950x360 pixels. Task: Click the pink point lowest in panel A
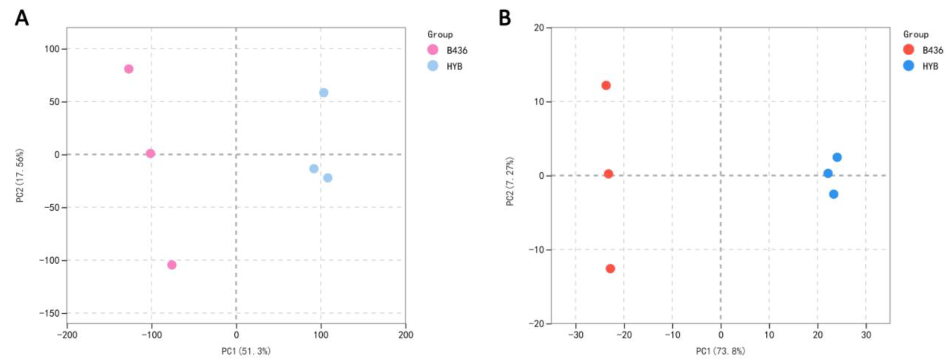(171, 265)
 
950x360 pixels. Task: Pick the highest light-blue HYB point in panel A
(323, 93)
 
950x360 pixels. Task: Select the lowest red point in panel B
(610, 269)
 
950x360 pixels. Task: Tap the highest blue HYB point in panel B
(837, 157)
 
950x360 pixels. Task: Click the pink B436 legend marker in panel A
(433, 50)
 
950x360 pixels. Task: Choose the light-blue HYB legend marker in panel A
(433, 66)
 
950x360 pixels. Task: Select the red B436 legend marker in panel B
(909, 50)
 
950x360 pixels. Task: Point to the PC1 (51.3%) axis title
(246, 351)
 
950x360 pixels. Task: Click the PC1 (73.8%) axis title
(720, 351)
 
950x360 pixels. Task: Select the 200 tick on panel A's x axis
(406, 335)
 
